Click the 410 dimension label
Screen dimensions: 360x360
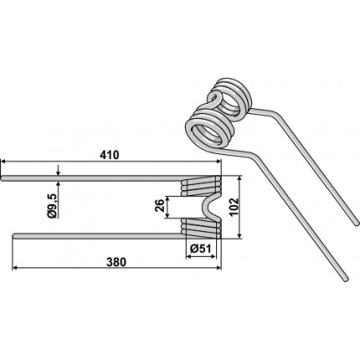tap(110, 155)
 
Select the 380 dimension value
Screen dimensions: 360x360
tap(116, 262)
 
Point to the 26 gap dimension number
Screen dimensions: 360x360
tap(159, 207)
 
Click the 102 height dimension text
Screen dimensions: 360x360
tap(234, 207)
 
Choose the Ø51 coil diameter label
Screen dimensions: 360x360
tap(201, 249)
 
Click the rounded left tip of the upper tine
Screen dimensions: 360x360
tap(3, 178)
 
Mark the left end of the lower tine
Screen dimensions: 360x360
tap(14, 236)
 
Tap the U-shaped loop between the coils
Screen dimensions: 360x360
tap(211, 208)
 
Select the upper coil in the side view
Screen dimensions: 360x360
tap(201, 186)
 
